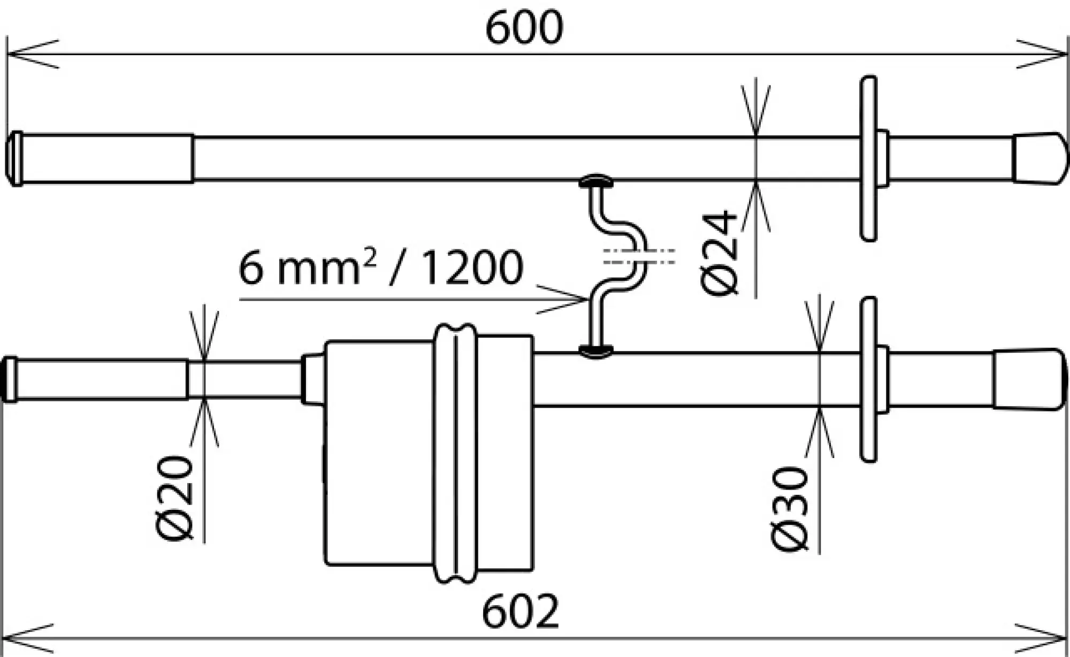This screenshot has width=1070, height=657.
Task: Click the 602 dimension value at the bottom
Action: (520, 612)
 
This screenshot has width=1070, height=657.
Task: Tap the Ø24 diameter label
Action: (719, 253)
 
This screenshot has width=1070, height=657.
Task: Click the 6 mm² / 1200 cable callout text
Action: (380, 267)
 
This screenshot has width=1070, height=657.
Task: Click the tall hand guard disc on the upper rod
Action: (869, 159)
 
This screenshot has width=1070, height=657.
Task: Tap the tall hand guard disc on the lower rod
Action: (869, 379)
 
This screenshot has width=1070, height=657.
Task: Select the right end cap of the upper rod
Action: (1038, 159)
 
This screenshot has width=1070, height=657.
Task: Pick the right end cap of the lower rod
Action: (1028, 379)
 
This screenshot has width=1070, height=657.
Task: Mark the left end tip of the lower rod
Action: (9, 379)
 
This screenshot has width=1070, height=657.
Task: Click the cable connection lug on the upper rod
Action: (596, 182)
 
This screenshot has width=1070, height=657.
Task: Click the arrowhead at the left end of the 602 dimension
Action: (21, 638)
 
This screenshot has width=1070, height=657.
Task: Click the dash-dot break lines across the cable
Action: (639, 256)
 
